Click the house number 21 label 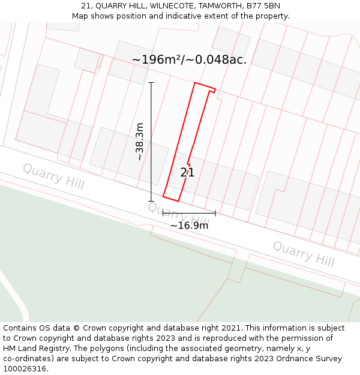point(187,173)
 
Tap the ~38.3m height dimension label point(140,142)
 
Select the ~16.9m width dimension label point(189,226)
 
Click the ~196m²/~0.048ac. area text point(189,59)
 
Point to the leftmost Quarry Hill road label point(53,176)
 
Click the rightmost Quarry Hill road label point(303,253)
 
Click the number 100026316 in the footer point(26,369)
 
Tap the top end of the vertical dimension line point(151,83)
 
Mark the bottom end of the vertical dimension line point(151,201)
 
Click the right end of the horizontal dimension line point(215,212)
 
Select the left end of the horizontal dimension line point(163,212)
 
